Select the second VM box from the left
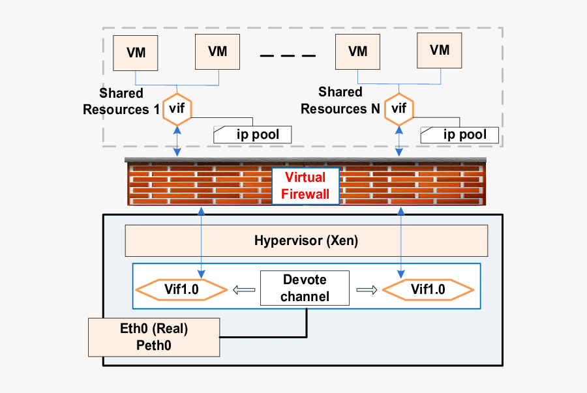(217, 51)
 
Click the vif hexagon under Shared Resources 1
(177, 109)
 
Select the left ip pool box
(252, 135)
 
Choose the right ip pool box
(459, 135)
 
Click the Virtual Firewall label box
(306, 186)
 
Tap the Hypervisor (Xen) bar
(306, 241)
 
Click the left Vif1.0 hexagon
(180, 289)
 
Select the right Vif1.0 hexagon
(428, 289)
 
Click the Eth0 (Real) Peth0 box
(154, 336)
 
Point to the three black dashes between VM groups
(287, 57)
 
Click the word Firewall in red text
(306, 194)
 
